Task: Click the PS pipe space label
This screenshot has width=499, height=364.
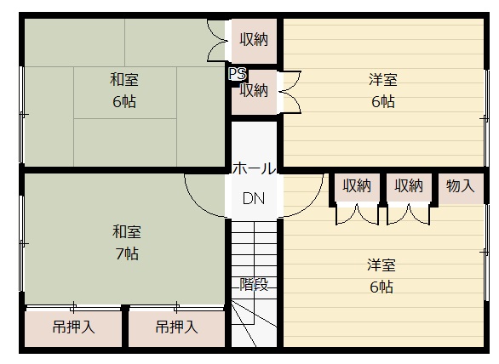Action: click(238, 74)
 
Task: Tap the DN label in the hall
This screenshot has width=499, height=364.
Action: click(254, 198)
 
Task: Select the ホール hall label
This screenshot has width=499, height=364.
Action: click(254, 168)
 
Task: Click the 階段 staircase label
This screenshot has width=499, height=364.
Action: click(254, 284)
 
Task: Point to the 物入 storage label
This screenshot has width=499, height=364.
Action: click(460, 185)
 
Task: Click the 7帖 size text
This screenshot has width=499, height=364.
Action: click(127, 253)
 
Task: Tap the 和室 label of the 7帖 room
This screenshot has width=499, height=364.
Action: click(126, 231)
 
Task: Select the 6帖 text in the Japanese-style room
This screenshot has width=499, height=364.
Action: click(124, 102)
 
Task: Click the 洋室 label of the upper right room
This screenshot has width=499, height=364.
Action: click(383, 79)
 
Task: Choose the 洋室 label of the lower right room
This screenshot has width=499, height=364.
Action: click(381, 264)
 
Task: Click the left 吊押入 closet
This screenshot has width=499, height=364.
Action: click(73, 328)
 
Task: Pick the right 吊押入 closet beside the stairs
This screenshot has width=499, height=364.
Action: click(176, 328)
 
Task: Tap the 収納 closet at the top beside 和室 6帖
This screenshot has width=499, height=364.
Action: click(254, 40)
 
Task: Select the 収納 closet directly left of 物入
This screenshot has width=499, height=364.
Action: click(409, 187)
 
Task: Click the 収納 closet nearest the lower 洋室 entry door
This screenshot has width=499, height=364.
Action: click(357, 187)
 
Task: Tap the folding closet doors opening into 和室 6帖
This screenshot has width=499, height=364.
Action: click(216, 40)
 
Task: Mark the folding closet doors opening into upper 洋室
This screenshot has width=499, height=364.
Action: click(291, 92)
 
